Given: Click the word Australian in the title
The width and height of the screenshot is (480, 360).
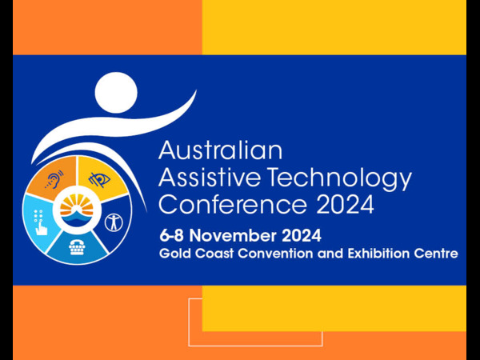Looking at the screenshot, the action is click(220, 150).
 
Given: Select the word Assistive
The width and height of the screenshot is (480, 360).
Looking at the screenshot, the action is click(210, 178).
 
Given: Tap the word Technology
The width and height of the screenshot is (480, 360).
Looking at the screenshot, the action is click(341, 180).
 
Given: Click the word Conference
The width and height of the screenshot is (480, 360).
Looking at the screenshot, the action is click(233, 205).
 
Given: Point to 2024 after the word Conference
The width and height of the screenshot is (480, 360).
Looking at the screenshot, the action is click(345, 205).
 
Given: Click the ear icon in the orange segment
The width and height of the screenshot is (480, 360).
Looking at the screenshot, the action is click(54, 180).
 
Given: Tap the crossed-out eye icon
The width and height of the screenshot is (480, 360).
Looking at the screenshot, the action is click(100, 180).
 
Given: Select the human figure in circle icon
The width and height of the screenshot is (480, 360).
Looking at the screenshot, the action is click(114, 222).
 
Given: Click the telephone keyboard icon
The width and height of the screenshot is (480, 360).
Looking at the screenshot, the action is click(77, 247).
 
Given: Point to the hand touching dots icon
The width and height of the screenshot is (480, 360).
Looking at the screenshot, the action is click(39, 222).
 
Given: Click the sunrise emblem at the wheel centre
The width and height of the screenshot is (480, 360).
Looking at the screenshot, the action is click(77, 210).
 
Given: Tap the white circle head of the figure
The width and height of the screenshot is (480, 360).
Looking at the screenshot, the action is click(116, 93).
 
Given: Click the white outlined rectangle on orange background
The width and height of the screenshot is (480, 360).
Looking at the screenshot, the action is click(189, 322).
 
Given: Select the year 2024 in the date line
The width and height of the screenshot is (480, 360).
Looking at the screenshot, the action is click(302, 236).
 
